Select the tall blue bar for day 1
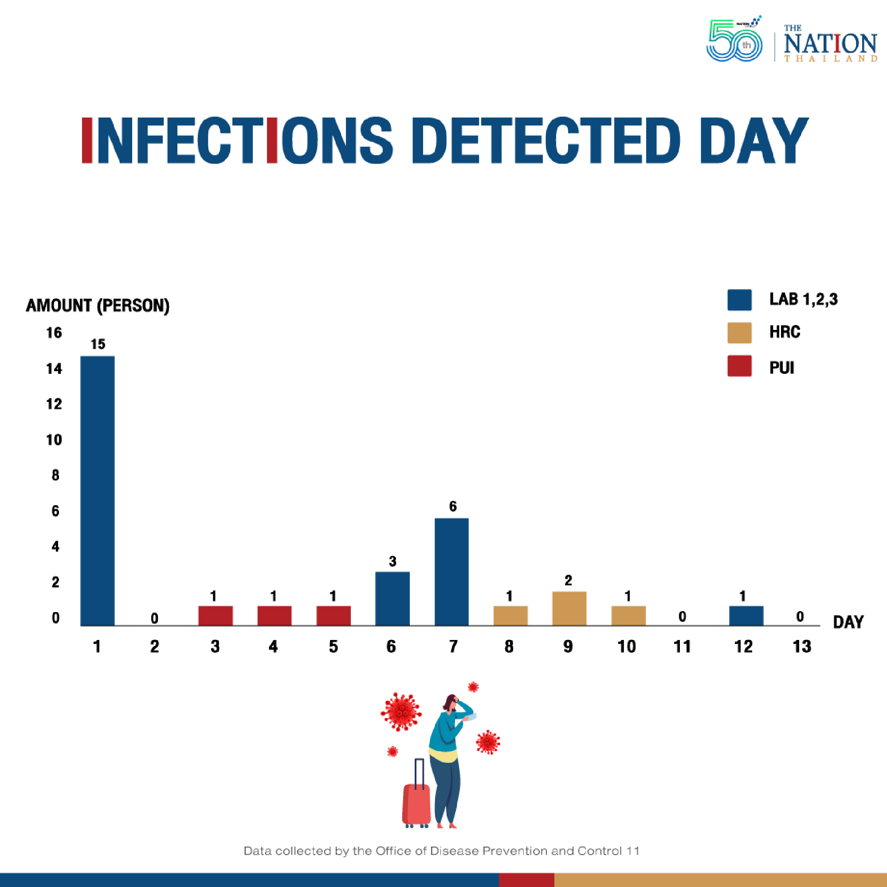(97, 491)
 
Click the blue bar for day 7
(451, 572)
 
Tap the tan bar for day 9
(569, 608)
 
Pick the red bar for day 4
(274, 616)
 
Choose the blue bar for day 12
(746, 616)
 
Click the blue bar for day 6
(392, 598)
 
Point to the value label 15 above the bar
(98, 344)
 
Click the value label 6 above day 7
(453, 506)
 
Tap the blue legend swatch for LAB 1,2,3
(739, 300)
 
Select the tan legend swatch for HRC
(739, 333)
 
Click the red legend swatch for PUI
(739, 366)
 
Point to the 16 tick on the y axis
(54, 333)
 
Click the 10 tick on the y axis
(54, 440)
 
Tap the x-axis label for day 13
(801, 647)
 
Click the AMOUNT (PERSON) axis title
(97, 305)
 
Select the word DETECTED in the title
(546, 140)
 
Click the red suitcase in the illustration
(416, 804)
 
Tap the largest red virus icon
(401, 712)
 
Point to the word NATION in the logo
(830, 43)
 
